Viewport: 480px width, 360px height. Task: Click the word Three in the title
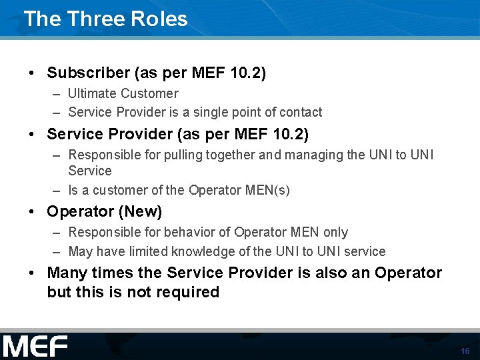tap(97, 19)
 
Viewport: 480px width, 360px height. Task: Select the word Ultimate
tap(93, 93)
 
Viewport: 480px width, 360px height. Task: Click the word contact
tap(300, 112)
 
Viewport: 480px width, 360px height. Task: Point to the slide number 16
tap(465, 351)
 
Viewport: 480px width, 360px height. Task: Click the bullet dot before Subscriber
tap(31, 73)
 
